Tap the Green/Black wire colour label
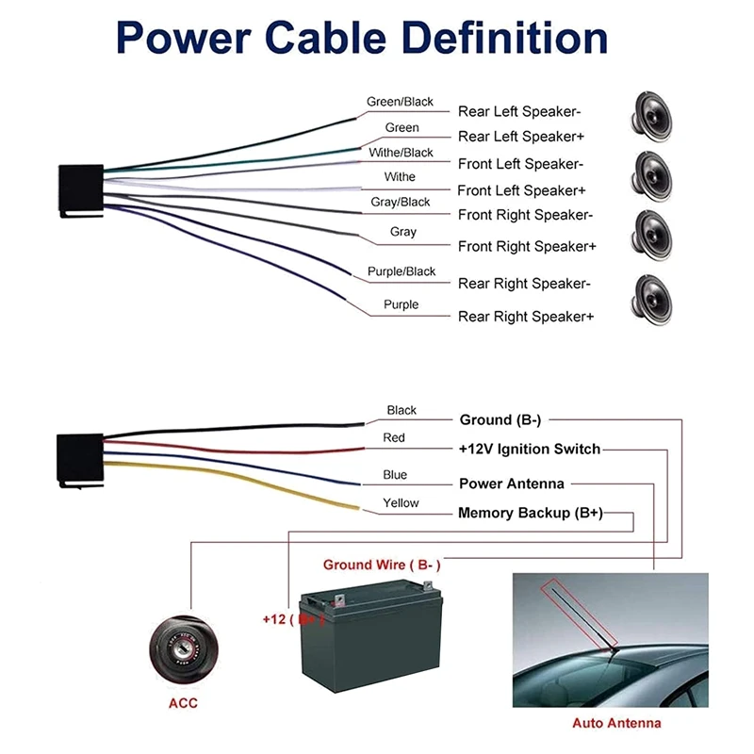pos(400,102)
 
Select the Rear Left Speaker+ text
pos(522,137)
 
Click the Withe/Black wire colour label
pos(402,153)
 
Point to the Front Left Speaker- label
pos(521,164)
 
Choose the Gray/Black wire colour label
pos(401,202)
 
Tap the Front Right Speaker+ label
pos(527,246)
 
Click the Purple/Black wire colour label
pos(402,271)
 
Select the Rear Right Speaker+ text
pos(526,317)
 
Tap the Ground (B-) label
pos(506,419)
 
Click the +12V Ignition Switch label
pos(529,449)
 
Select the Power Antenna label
pos(512,484)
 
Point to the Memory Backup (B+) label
pos(530,513)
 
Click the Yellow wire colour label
pos(401,503)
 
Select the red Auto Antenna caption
pos(617,724)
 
